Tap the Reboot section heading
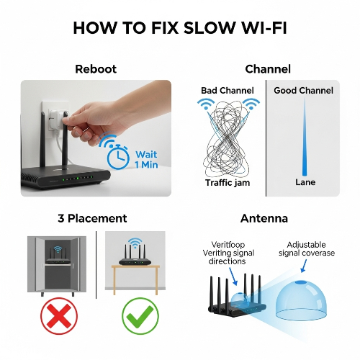[x=96, y=69]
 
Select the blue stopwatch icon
[x=118, y=157]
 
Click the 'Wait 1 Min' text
[x=146, y=160]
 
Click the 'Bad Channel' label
[x=228, y=91]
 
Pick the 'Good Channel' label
[x=303, y=91]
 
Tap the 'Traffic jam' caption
[x=228, y=183]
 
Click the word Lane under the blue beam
[x=305, y=182]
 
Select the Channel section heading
[x=268, y=69]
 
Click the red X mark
[x=59, y=316]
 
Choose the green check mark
[x=140, y=316]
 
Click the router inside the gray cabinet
[x=58, y=257]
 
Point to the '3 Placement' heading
[x=92, y=218]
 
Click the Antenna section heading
[x=264, y=218]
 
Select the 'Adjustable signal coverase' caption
[x=307, y=249]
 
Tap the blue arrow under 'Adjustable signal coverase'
[x=304, y=266]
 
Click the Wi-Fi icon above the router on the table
[x=135, y=243]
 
